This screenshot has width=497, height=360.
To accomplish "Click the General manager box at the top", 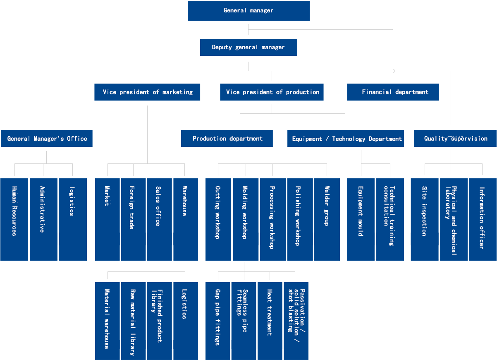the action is (248, 11).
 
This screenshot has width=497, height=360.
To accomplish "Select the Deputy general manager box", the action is (248, 47).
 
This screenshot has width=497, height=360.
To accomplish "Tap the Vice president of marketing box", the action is (147, 92).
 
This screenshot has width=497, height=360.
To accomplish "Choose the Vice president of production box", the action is (272, 92).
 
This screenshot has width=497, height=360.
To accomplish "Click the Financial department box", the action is (393, 92).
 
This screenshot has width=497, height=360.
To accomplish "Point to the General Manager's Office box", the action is (47, 138).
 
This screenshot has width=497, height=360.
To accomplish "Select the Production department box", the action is (227, 138).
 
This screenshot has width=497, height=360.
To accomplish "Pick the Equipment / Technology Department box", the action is (345, 138).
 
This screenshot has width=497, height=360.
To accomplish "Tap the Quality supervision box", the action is (455, 138).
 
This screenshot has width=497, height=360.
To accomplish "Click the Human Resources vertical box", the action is (14, 219).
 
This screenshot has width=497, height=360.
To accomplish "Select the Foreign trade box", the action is (134, 219).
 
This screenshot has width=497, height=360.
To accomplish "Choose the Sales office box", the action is (160, 219).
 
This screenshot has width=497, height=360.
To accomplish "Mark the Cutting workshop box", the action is (218, 219).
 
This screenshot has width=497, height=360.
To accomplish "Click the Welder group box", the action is (327, 219).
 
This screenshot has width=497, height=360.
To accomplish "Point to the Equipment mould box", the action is (361, 219).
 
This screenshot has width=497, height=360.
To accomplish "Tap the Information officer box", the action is (483, 219).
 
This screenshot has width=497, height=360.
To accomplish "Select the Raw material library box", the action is (134, 321).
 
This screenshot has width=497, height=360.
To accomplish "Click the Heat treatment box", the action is (270, 321).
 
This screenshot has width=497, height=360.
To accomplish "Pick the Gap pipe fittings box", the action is (217, 321).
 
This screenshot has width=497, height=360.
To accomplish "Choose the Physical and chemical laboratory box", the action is (454, 219).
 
